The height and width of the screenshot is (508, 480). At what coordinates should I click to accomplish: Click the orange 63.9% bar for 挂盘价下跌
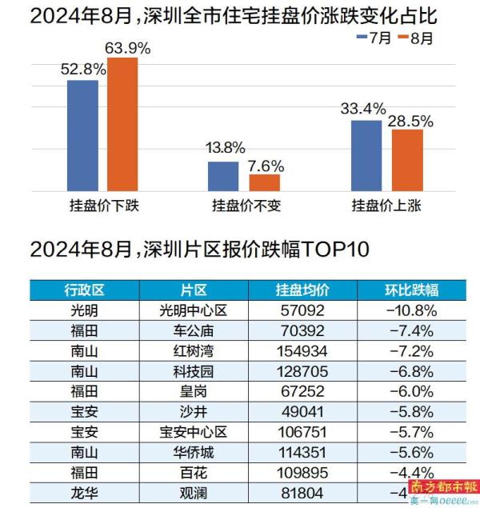coord(122,124)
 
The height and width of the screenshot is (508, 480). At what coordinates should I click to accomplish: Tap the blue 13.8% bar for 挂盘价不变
coord(223,176)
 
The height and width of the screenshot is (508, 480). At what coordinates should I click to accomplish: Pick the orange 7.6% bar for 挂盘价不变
coord(265,182)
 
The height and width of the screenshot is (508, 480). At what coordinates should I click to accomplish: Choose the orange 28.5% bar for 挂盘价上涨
coord(407,160)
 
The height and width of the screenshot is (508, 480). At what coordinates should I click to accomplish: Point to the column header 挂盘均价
coord(302,289)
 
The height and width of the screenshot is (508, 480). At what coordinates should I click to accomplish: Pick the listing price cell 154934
coord(302,350)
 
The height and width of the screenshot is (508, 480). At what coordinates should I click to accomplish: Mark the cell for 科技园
coord(195,370)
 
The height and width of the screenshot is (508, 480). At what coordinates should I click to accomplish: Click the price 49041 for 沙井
coord(302,412)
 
